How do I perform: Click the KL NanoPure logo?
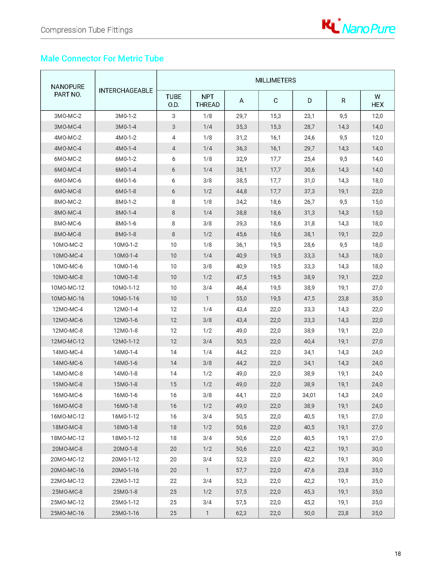tap(358, 27)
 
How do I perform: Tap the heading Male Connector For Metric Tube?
tap(102, 58)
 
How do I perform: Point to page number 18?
tap(398, 554)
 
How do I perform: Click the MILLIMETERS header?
tap(275, 80)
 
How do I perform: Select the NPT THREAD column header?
tap(207, 101)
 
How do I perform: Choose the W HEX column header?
tap(377, 101)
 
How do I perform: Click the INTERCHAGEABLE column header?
tap(126, 90)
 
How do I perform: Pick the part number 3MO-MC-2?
tap(68, 116)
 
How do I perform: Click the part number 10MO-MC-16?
tap(68, 299)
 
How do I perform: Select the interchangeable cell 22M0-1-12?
tap(126, 481)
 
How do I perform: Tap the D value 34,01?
tap(309, 395)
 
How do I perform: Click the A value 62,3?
tap(241, 513)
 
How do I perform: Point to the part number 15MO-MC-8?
tap(68, 384)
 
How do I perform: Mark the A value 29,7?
tap(241, 116)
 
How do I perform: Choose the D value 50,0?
tap(309, 513)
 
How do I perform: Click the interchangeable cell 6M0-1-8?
tap(126, 191)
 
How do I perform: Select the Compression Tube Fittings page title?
tap(86, 30)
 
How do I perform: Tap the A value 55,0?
tap(241, 299)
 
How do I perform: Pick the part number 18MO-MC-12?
tap(68, 438)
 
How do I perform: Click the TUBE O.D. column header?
tap(173, 101)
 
